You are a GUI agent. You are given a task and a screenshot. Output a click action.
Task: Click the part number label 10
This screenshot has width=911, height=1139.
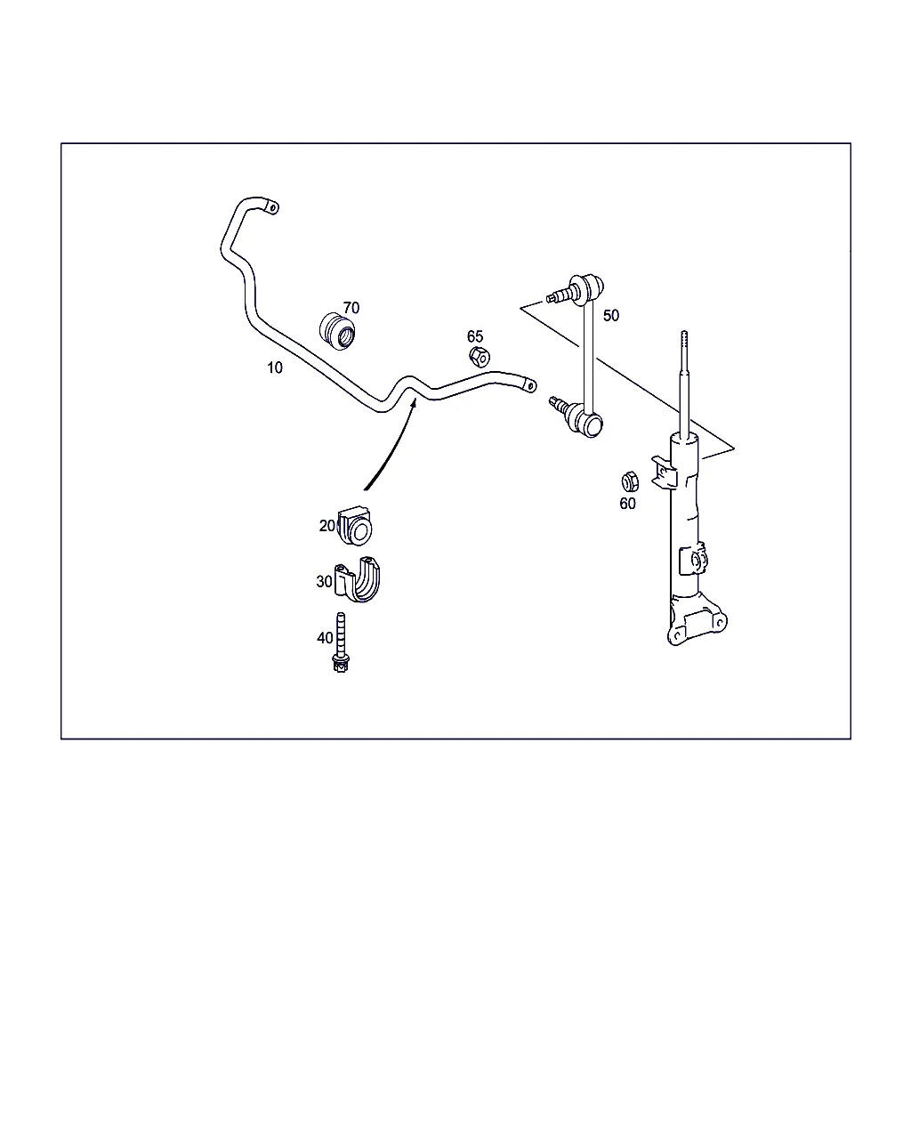(275, 368)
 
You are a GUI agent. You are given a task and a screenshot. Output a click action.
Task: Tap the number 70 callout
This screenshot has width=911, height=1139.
(351, 308)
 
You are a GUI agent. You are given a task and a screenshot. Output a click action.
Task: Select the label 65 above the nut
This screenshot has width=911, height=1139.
(475, 336)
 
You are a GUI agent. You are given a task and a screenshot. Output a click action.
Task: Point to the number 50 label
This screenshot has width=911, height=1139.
(611, 315)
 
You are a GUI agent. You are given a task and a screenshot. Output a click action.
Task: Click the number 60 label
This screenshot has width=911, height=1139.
(627, 504)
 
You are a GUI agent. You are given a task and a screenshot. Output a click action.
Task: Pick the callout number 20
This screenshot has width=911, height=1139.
(327, 526)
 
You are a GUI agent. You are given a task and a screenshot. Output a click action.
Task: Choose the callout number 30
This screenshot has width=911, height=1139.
(324, 581)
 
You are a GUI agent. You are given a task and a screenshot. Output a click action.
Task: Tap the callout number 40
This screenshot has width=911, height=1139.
(325, 638)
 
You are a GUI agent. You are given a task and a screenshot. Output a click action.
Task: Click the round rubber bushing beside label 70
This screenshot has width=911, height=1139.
(337, 331)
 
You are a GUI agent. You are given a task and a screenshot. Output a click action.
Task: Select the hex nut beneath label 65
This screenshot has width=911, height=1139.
(479, 357)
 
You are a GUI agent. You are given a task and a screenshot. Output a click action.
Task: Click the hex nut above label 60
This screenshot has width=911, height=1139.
(630, 481)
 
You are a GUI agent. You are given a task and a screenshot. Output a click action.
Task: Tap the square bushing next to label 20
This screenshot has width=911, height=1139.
(355, 526)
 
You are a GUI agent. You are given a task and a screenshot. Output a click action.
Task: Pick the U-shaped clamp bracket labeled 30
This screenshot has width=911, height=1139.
(358, 579)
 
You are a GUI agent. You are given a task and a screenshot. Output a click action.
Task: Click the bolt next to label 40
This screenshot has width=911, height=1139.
(341, 642)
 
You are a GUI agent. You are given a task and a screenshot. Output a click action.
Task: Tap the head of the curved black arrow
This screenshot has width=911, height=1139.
(414, 403)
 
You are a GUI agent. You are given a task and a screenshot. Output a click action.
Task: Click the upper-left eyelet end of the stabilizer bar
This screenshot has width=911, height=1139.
(271, 207)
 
